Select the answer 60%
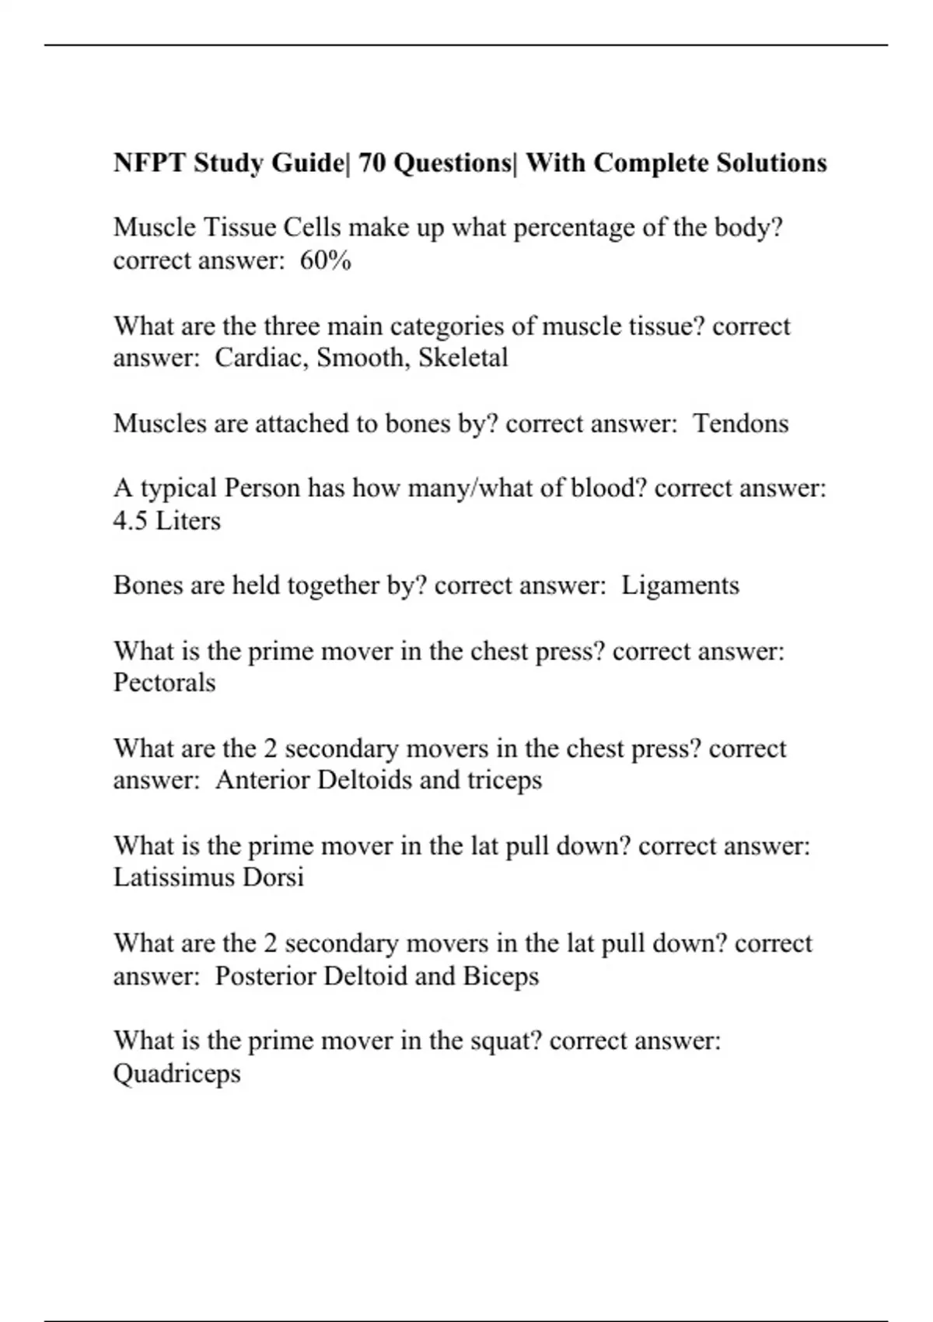pyautogui.click(x=326, y=261)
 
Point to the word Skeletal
pyautogui.click(x=463, y=358)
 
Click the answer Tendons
pyautogui.click(x=741, y=424)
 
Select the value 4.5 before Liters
pyautogui.click(x=130, y=521)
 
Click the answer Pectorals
pyautogui.click(x=164, y=683)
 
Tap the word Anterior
pyautogui.click(x=262, y=780)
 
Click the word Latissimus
pyautogui.click(x=174, y=878)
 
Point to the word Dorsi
pyautogui.click(x=273, y=878)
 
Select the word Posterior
pyautogui.click(x=265, y=976)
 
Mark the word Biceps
pyautogui.click(x=501, y=976)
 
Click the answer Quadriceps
pyautogui.click(x=176, y=1074)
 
